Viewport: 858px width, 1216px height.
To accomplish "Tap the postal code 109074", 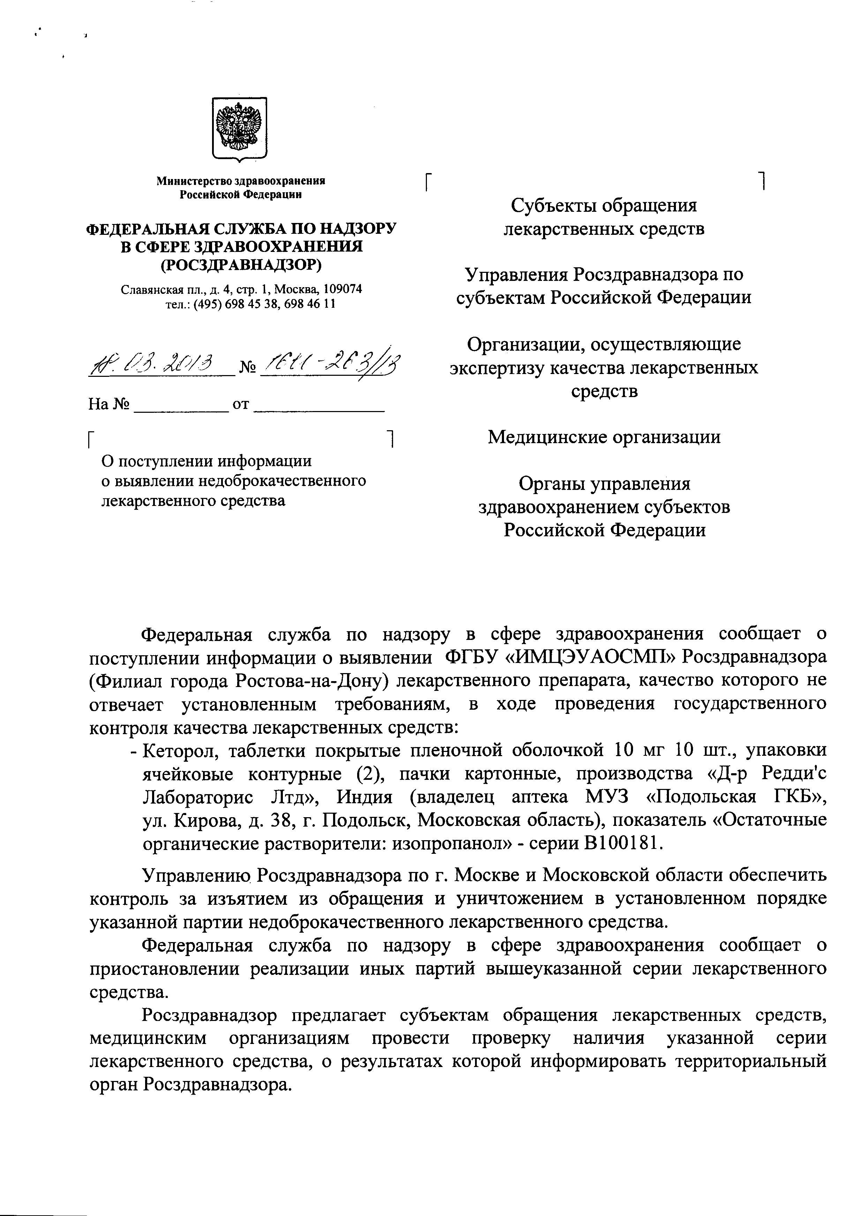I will [x=343, y=290].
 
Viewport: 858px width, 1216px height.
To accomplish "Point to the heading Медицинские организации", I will [x=604, y=437].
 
